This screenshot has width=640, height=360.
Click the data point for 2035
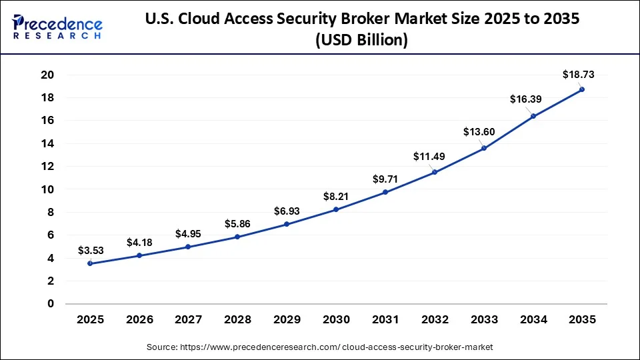pos(581,89)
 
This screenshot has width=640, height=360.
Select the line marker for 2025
pos(90,263)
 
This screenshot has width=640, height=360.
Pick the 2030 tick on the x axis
pos(336,319)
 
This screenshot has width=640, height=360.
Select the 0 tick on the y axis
pos(50,304)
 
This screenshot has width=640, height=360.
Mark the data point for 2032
pos(434,172)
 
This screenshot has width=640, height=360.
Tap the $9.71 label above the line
pos(385,179)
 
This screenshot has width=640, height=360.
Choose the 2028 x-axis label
pos(237,319)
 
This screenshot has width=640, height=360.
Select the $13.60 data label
pos(479,132)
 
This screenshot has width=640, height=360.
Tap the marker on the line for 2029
pos(287,224)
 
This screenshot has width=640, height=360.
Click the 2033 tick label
pos(483,319)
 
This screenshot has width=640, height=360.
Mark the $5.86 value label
pos(237,224)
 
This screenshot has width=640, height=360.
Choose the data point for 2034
pos(533,116)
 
